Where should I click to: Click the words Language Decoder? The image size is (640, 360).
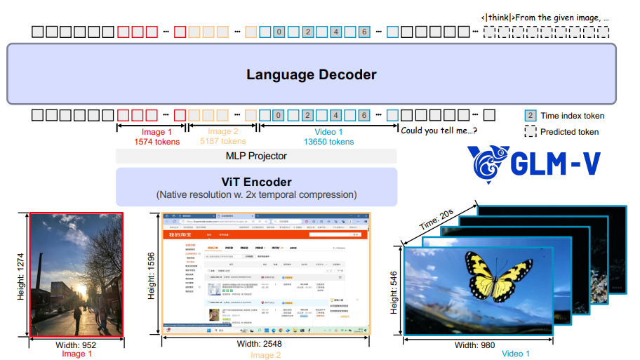312,74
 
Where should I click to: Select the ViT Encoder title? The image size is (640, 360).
256,182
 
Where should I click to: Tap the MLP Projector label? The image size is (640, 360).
256,156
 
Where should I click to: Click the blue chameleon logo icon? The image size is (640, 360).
489,163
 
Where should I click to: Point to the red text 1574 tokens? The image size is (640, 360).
156,142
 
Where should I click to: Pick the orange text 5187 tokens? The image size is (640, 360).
222,142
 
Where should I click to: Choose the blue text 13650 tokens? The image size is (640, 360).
328,142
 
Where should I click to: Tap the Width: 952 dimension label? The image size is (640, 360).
76,345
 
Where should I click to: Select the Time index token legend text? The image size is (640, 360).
573,116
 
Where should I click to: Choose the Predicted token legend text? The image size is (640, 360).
569,131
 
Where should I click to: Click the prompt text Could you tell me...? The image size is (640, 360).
439,129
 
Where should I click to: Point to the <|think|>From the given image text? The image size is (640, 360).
545,17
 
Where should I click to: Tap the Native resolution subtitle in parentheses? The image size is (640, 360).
256,194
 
